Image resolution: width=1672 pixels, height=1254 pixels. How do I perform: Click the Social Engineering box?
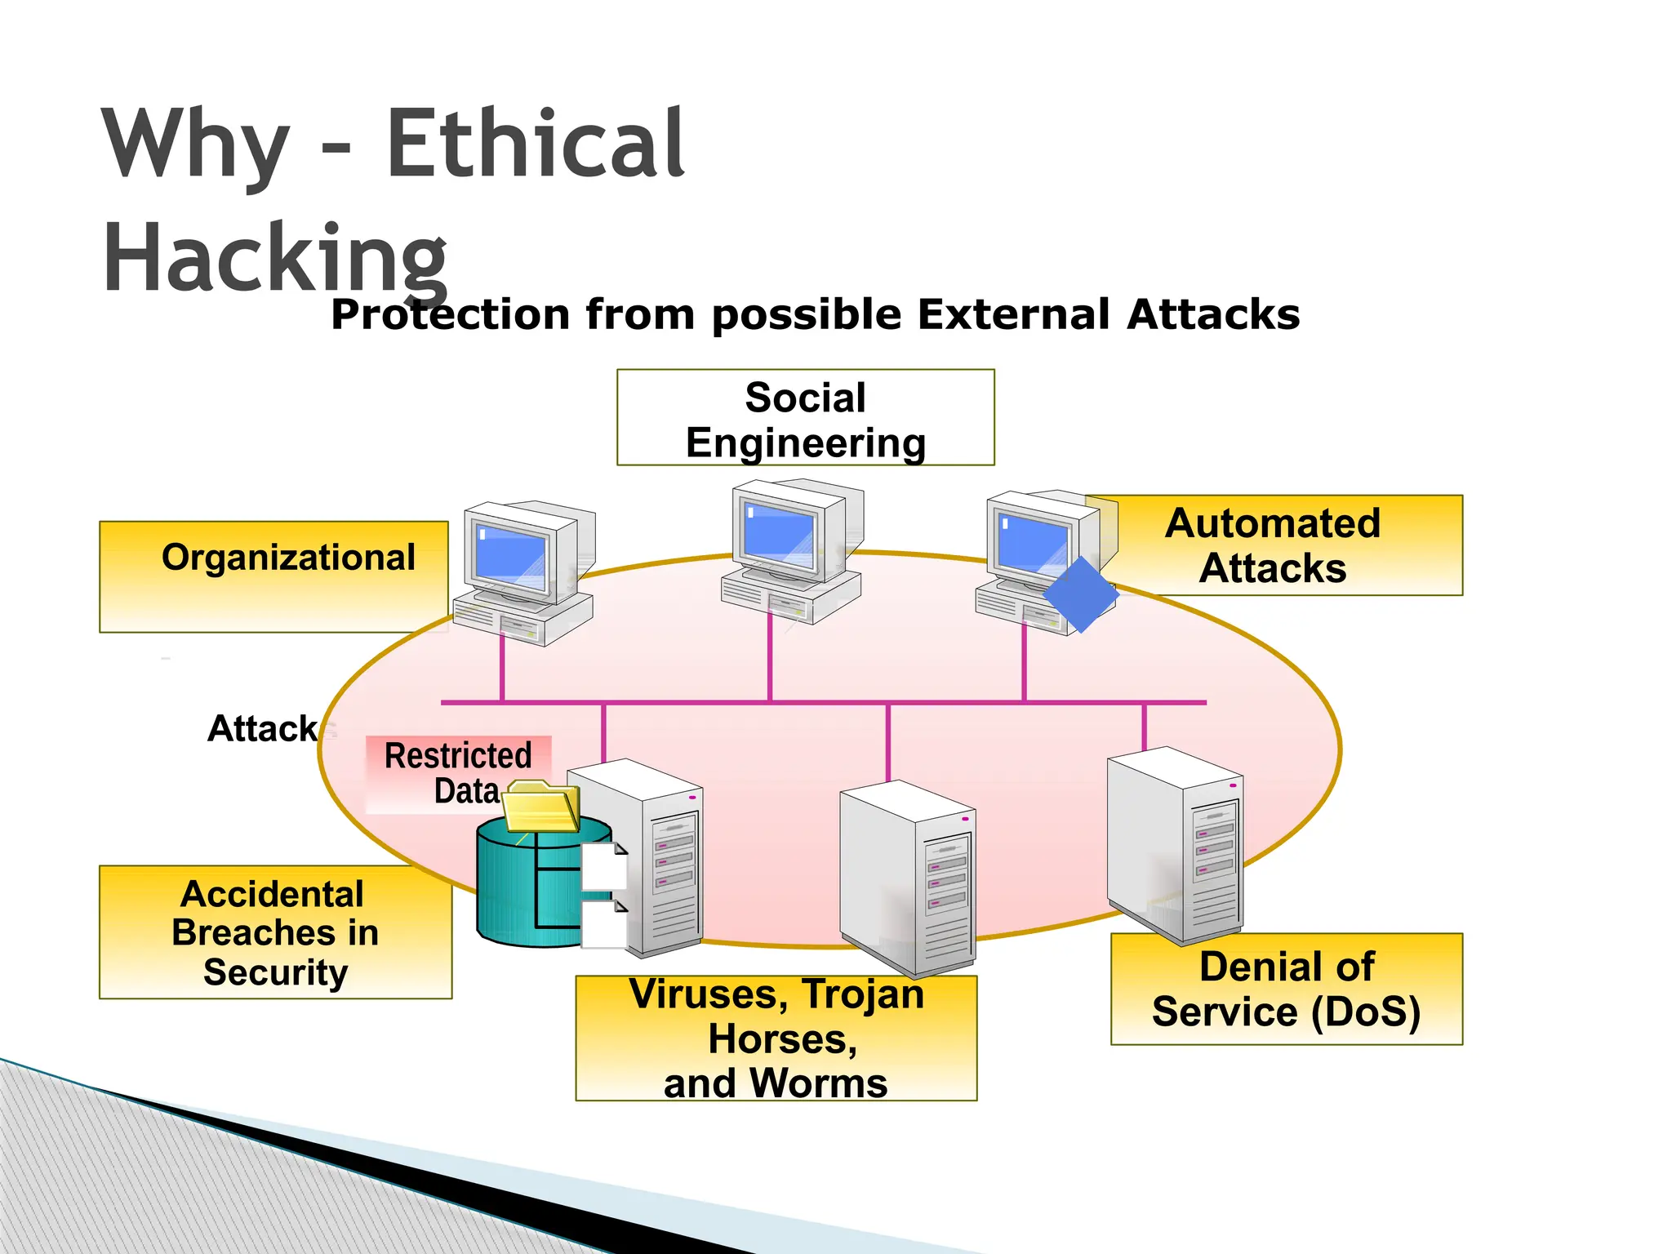[805, 418]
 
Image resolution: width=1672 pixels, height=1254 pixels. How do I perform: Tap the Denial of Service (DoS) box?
[1287, 989]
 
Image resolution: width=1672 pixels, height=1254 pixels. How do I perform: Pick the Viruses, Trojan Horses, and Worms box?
[776, 1038]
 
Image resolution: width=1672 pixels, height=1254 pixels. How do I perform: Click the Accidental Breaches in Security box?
[275, 932]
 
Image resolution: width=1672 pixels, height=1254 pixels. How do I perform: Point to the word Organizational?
[288, 558]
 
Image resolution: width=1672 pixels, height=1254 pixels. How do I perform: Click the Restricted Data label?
[458, 772]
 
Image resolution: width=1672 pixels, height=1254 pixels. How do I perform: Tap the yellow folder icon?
[540, 807]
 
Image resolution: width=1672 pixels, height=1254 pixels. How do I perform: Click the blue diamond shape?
[1080, 595]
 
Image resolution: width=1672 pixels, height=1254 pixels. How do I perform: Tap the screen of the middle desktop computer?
[779, 534]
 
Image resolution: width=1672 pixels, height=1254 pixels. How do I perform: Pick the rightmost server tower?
[1176, 845]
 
